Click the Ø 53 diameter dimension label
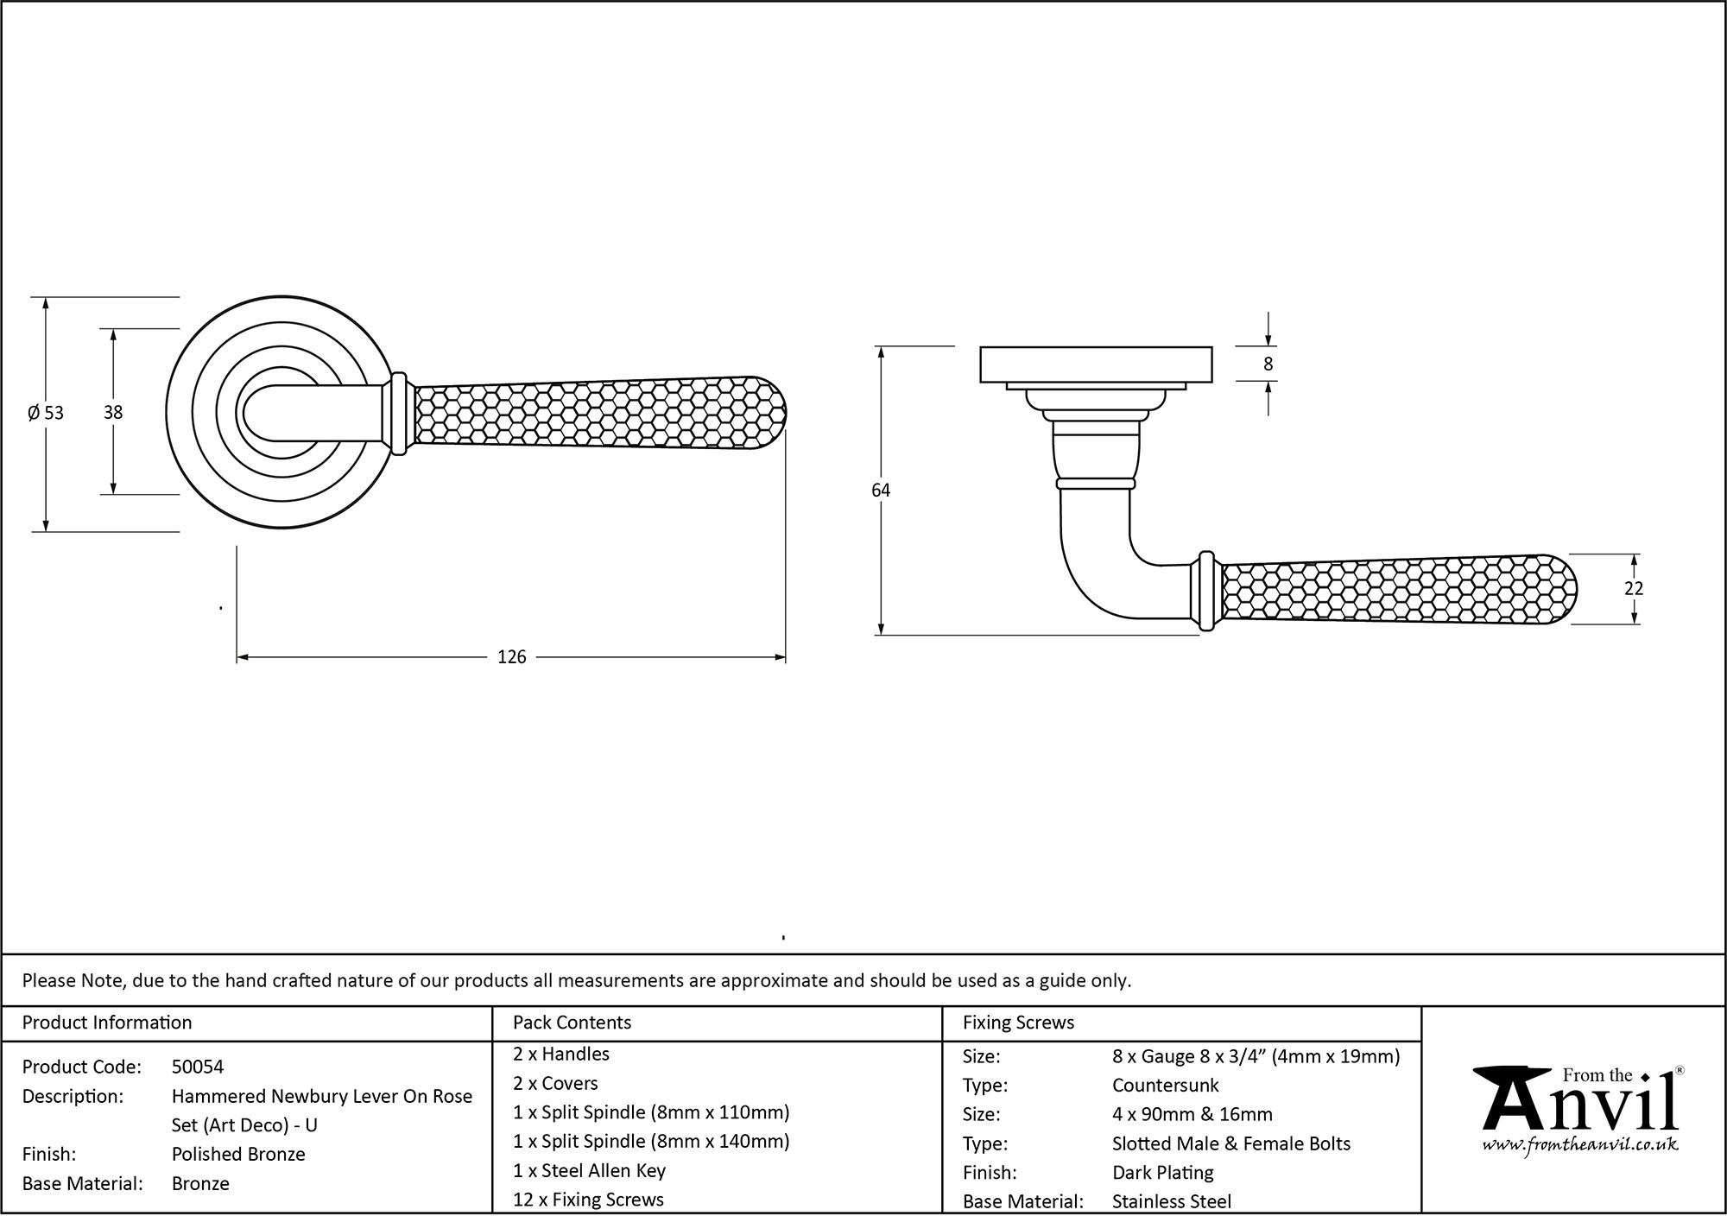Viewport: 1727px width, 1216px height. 46,413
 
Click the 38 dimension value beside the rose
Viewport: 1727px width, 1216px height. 113,413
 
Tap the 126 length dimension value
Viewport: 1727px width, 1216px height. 511,658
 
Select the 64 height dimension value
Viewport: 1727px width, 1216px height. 880,491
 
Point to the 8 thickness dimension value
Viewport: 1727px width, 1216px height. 1268,364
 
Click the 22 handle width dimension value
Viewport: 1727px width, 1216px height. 1633,589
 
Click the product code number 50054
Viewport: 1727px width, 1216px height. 198,1067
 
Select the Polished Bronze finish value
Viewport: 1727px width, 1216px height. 238,1154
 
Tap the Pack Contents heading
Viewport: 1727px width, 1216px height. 572,1023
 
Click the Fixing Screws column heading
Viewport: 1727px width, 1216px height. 1018,1023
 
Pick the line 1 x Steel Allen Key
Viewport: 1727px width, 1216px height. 589,1170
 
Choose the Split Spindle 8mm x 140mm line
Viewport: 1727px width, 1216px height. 651,1141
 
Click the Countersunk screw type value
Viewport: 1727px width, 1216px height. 1165,1085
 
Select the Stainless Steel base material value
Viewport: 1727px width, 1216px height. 1172,1200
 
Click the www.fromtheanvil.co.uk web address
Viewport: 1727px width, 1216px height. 1580,1145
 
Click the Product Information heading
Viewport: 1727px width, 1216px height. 107,1023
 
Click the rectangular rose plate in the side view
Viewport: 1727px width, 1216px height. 1096,364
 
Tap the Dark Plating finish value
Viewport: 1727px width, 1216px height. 1162,1172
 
